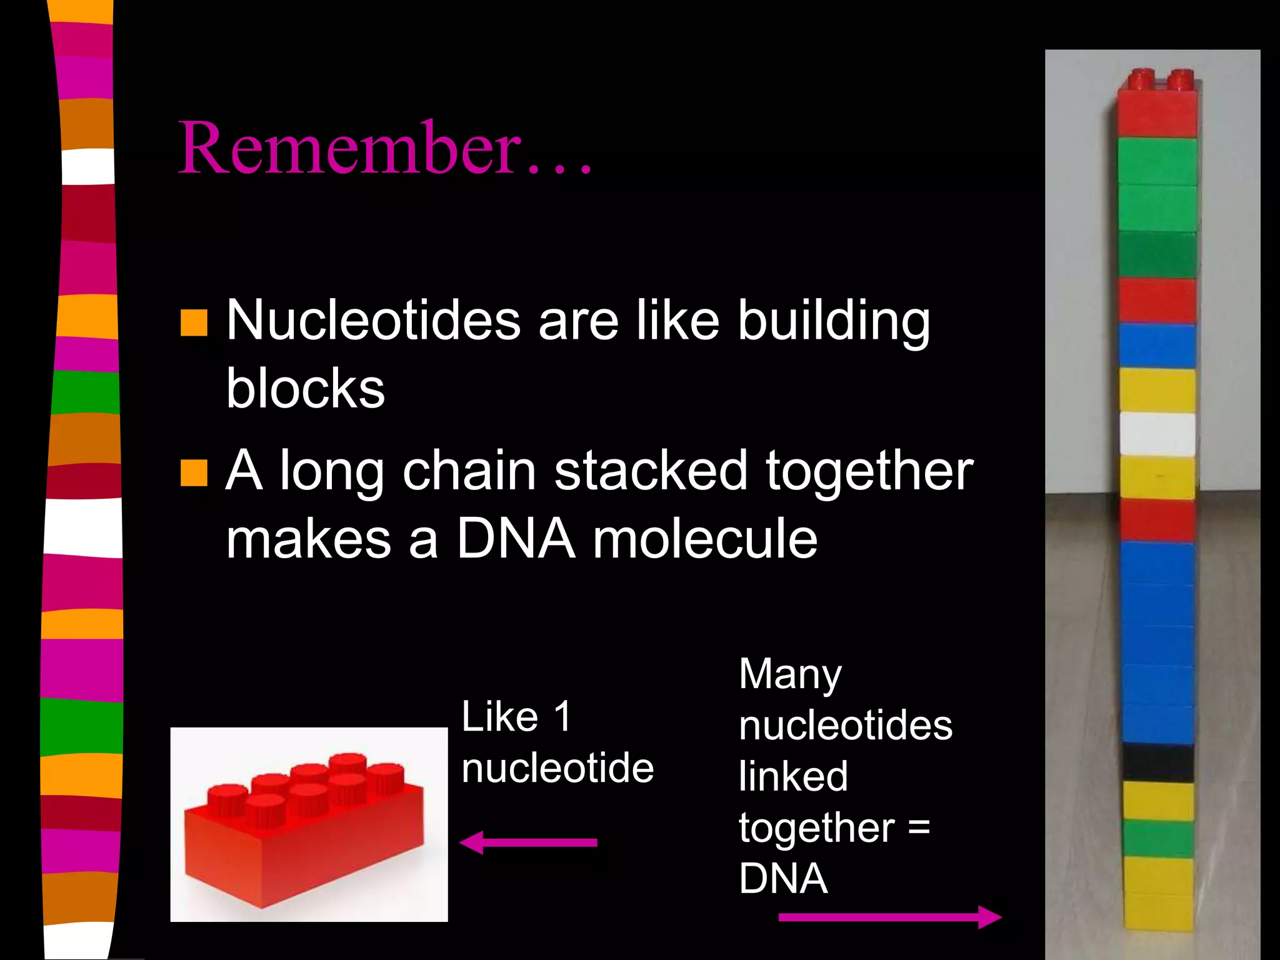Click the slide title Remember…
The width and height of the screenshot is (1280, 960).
click(x=384, y=148)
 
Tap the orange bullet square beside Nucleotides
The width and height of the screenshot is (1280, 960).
click(x=194, y=322)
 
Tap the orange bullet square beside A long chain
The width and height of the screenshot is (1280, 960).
click(x=194, y=473)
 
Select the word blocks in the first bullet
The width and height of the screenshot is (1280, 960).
click(x=305, y=389)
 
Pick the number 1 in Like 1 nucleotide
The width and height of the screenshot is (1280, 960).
click(x=562, y=716)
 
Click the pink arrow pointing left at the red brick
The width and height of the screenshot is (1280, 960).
click(x=528, y=842)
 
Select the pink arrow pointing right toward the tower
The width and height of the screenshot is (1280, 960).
click(x=889, y=917)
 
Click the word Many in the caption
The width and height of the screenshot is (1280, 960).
click(x=790, y=676)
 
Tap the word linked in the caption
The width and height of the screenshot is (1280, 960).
click(x=792, y=777)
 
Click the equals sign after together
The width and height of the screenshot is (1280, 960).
click(x=919, y=827)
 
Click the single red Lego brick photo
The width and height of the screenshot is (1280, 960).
click(x=309, y=824)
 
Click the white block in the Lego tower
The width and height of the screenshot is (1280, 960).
click(x=1157, y=434)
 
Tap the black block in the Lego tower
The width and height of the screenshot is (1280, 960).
click(x=1157, y=762)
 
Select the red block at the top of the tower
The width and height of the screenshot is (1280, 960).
click(x=1157, y=112)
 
